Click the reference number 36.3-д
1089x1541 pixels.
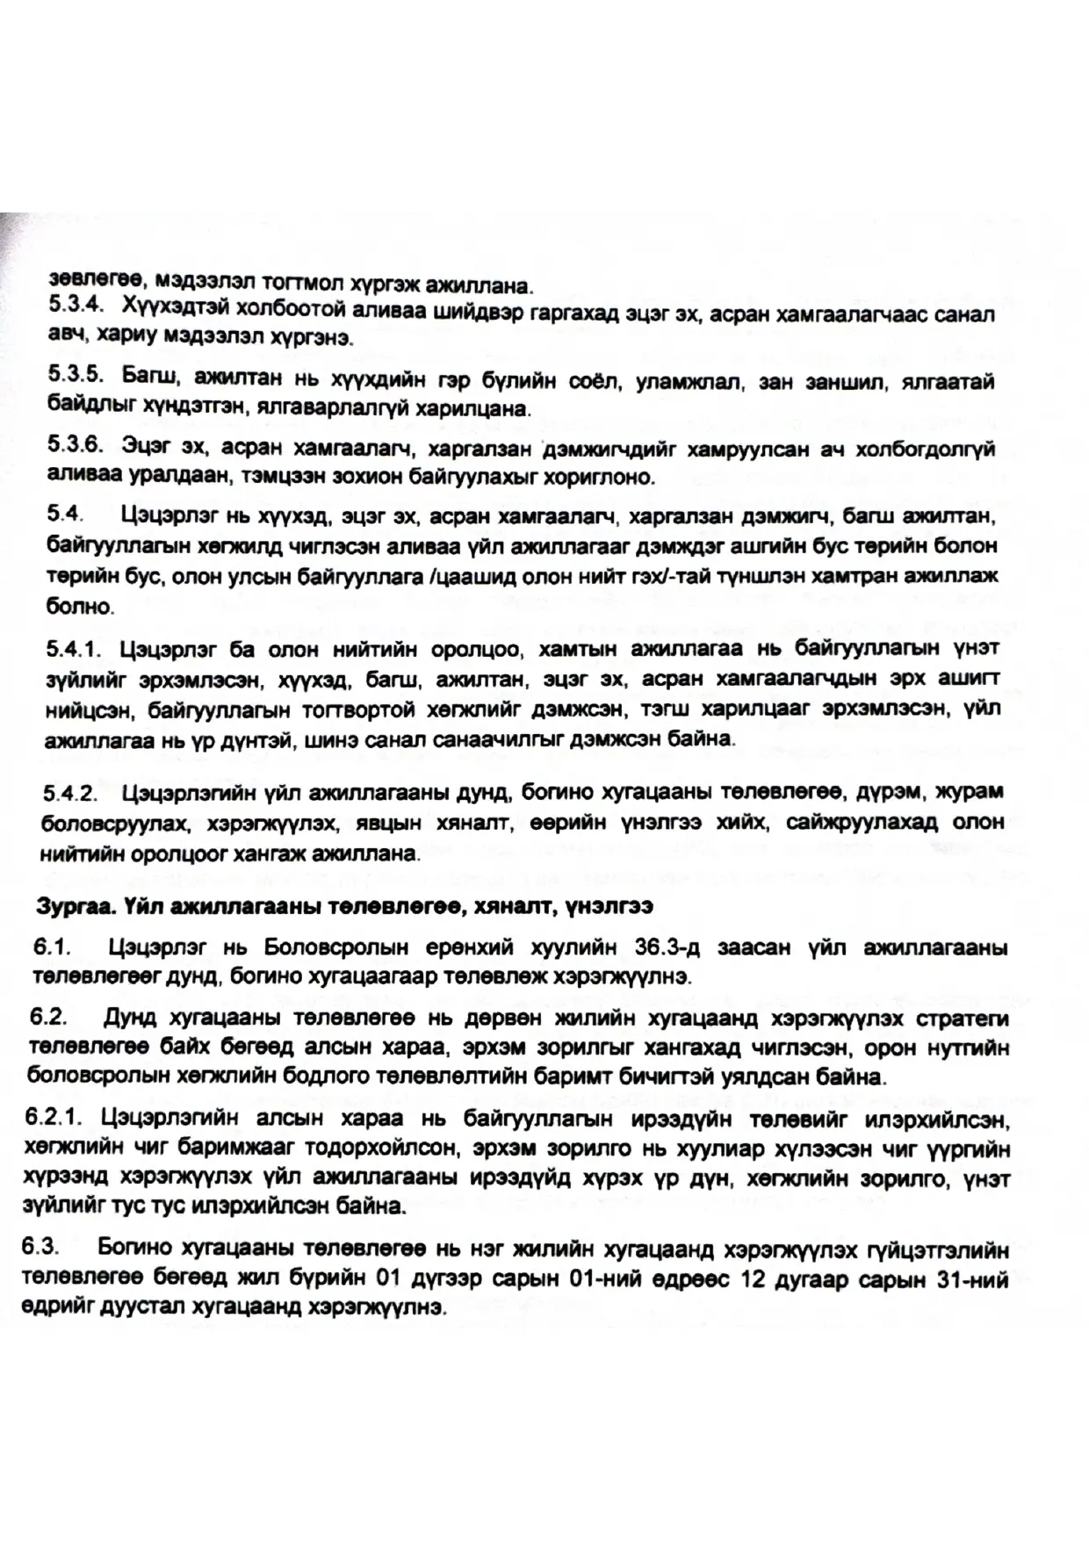coord(668,947)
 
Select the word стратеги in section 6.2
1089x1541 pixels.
coord(963,1019)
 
